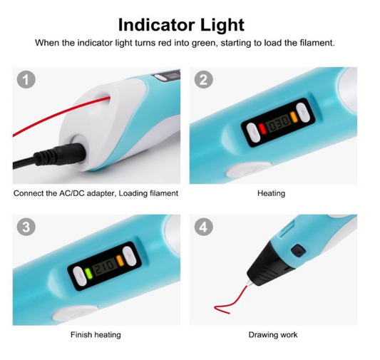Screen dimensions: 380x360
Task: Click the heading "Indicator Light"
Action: click(x=181, y=25)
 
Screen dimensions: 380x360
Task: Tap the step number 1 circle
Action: click(x=26, y=80)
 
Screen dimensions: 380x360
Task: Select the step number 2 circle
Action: click(x=204, y=80)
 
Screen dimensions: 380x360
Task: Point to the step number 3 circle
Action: click(x=26, y=227)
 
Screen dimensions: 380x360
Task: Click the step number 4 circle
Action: click(x=204, y=227)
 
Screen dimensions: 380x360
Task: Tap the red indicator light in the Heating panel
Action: click(x=262, y=128)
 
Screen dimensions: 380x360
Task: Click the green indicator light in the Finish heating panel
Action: click(x=88, y=274)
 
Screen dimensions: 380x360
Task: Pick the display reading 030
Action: click(x=278, y=122)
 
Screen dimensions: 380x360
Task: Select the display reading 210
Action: click(x=105, y=266)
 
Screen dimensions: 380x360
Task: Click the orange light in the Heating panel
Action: click(x=294, y=117)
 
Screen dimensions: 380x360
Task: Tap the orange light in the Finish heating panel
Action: click(x=120, y=261)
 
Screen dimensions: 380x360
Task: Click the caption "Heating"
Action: click(x=271, y=193)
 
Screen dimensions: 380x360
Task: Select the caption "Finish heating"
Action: click(x=96, y=335)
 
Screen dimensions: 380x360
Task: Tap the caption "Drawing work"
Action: click(x=273, y=335)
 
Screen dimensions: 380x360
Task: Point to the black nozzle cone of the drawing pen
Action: click(x=269, y=264)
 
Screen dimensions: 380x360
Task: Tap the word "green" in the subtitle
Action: click(x=205, y=43)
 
